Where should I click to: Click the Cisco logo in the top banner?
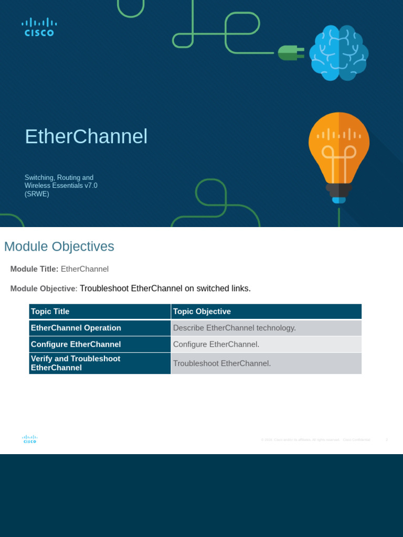(39, 27)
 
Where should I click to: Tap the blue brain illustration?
(338, 52)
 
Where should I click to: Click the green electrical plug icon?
(290, 52)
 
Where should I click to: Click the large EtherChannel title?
(86, 136)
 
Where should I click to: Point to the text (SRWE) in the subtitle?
(37, 194)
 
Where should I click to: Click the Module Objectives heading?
(59, 246)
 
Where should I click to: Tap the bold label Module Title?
(34, 269)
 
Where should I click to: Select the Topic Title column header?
(50, 312)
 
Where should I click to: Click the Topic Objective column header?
(202, 312)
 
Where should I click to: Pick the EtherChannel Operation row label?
(76, 328)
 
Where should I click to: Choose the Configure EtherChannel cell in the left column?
(76, 344)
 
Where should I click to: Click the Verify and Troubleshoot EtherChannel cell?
(76, 363)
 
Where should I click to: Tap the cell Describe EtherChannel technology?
(235, 328)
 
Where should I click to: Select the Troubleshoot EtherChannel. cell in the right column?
(222, 363)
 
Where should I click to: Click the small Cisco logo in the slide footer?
(29, 439)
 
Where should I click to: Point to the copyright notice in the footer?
(315, 439)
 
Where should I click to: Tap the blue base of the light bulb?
(339, 200)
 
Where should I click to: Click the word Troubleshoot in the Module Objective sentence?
(104, 288)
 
